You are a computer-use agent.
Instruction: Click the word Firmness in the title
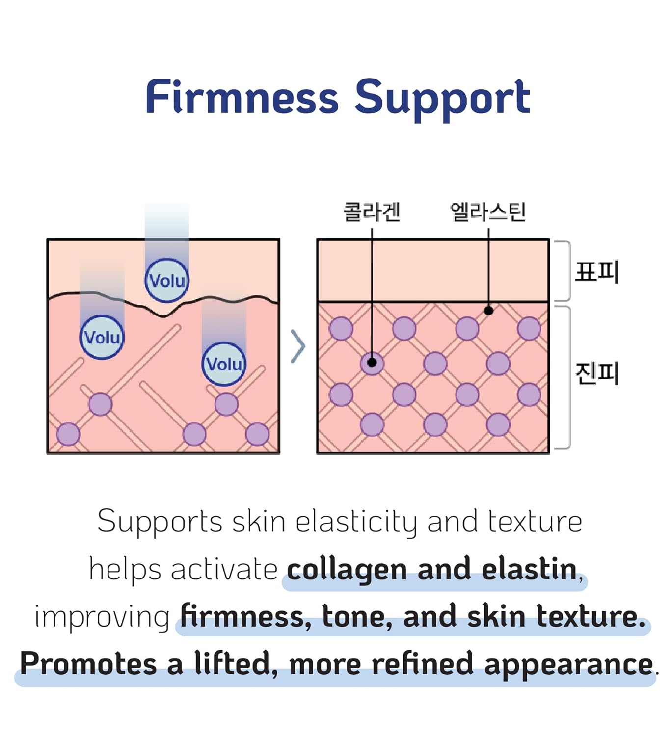[242, 97]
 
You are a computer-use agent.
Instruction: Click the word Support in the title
[442, 100]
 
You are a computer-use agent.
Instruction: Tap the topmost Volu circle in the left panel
[167, 280]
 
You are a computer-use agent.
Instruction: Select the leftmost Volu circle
[102, 337]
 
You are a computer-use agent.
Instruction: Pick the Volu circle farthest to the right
[224, 364]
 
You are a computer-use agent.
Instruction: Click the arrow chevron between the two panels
[298, 346]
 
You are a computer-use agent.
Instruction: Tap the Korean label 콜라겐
[372, 211]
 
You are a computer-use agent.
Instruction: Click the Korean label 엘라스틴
[488, 211]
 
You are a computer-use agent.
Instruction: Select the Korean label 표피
[597, 271]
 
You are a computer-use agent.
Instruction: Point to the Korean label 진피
[597, 373]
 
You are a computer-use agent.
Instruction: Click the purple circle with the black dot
[372, 363]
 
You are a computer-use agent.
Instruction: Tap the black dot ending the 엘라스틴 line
[489, 311]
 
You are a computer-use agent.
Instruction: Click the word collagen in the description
[347, 571]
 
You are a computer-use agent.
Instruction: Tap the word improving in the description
[102, 618]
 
